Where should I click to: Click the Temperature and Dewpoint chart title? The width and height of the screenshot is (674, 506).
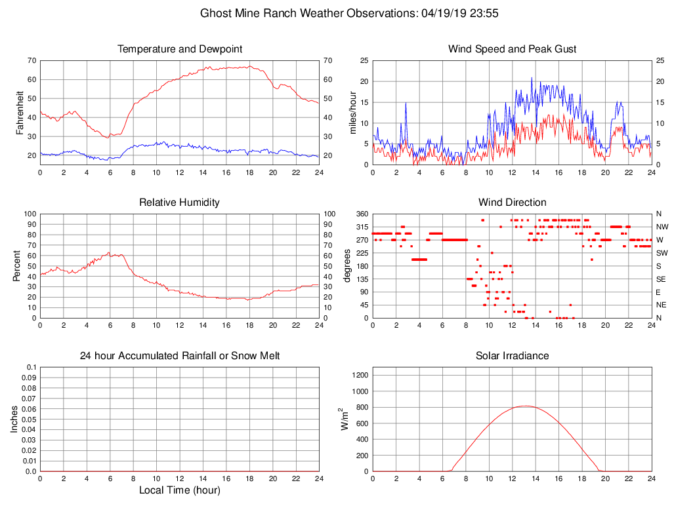tap(180, 49)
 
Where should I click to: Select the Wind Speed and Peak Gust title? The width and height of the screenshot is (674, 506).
tap(513, 49)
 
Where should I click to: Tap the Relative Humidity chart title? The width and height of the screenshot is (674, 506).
tap(180, 203)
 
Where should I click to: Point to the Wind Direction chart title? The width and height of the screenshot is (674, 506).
tap(513, 203)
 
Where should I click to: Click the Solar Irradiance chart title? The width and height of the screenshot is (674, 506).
tap(513, 356)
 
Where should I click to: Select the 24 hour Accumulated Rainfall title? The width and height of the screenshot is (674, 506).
tap(180, 356)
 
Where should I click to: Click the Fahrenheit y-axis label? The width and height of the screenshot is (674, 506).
tap(20, 113)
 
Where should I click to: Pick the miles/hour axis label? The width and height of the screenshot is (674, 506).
tap(352, 113)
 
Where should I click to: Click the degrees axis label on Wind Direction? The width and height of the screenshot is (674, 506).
tap(348, 266)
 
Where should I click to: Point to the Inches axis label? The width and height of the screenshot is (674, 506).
tap(14, 419)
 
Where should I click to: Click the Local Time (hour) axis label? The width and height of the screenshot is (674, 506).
tap(179, 490)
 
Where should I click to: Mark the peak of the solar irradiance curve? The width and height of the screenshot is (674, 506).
tap(526, 406)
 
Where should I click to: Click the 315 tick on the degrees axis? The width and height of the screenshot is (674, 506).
tap(362, 227)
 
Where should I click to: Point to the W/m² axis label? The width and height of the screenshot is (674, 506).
tap(344, 419)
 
